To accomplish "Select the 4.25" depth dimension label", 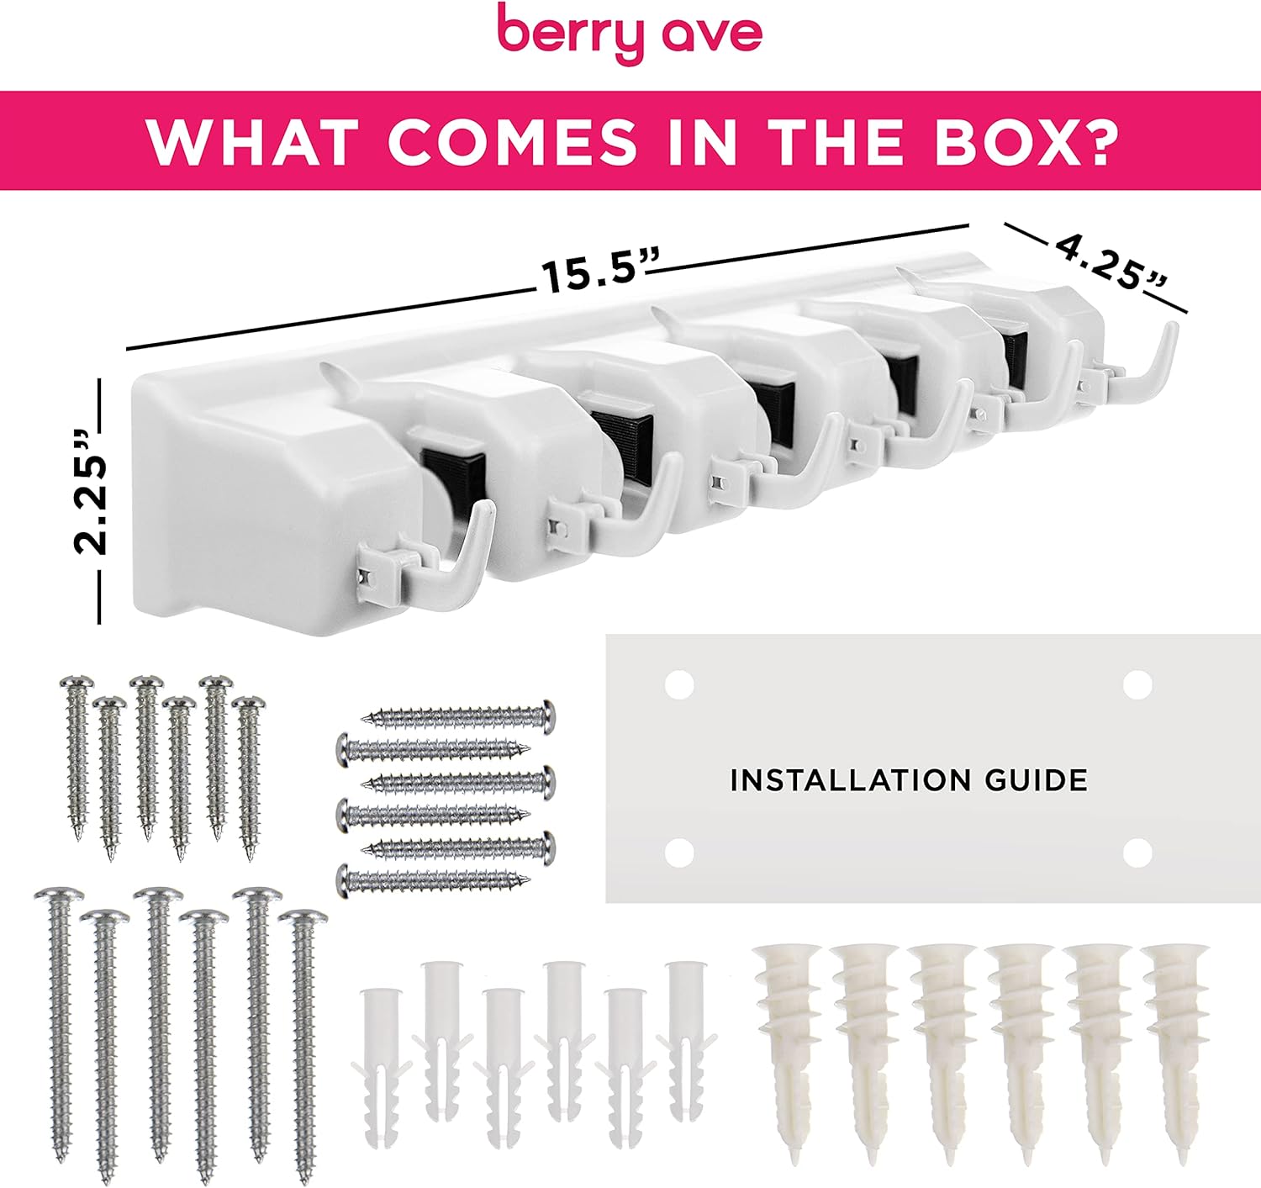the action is tap(1112, 262).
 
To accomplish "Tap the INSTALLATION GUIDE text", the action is tap(909, 780).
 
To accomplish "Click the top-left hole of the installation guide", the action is tap(678, 685).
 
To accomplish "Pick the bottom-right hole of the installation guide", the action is tap(1137, 853).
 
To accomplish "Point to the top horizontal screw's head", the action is tap(546, 716).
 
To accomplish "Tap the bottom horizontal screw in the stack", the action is tap(434, 880).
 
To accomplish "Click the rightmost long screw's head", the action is tap(303, 918).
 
